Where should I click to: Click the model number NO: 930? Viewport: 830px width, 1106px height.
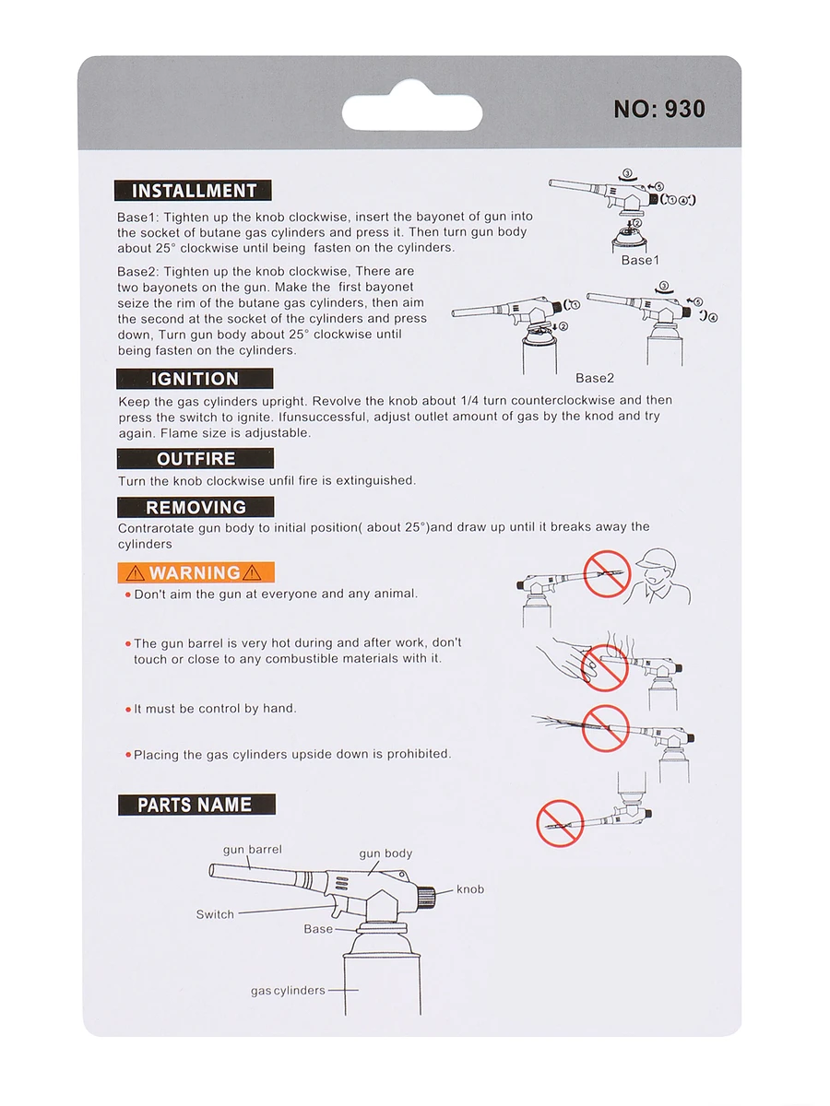tap(659, 109)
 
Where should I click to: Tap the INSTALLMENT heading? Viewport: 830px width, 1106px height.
tap(194, 191)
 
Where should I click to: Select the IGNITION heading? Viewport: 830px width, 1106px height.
tap(195, 379)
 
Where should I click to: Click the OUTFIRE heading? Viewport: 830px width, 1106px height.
tap(196, 459)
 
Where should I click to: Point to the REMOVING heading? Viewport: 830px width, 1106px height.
tap(196, 507)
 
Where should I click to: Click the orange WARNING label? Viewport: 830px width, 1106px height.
tap(196, 572)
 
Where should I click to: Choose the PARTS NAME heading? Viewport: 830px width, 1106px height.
tap(196, 805)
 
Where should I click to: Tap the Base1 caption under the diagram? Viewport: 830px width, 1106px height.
tap(640, 260)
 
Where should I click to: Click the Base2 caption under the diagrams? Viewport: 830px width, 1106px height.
tap(594, 378)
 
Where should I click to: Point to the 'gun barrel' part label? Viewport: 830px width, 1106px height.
tap(252, 849)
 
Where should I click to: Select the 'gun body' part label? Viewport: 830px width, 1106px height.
tap(385, 853)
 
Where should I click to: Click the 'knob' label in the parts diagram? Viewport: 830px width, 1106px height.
tap(469, 889)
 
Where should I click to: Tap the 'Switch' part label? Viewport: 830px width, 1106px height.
tap(215, 914)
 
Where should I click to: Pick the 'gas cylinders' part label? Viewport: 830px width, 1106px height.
tap(288, 991)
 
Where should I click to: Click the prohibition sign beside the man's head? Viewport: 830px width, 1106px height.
tap(606, 573)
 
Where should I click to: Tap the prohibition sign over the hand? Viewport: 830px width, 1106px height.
tap(604, 665)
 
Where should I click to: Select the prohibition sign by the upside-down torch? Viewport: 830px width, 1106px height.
tap(559, 822)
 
